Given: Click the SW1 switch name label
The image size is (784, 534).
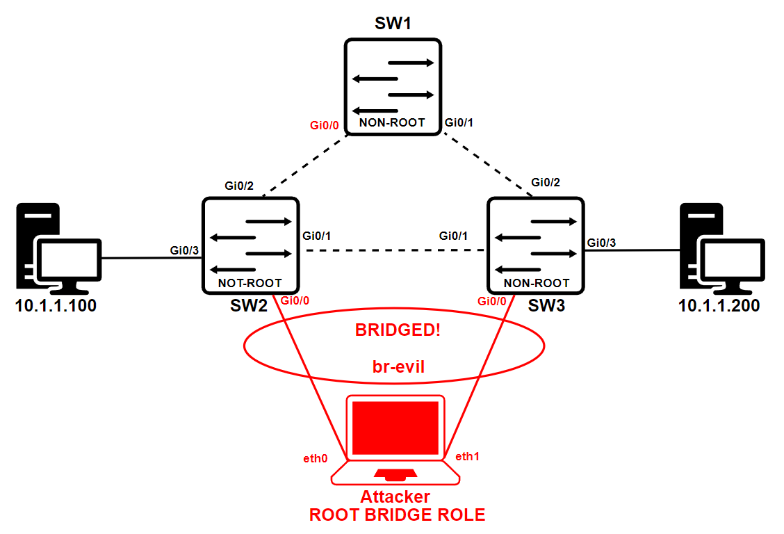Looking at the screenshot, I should (393, 24).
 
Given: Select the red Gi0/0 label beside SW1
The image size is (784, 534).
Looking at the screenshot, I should (324, 126).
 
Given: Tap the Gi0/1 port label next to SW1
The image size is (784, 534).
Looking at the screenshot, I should (459, 123).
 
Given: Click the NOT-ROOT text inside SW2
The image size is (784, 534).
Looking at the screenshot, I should (250, 283).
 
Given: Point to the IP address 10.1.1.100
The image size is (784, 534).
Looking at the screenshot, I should (56, 305).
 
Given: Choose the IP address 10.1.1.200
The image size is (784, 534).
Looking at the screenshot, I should (719, 305).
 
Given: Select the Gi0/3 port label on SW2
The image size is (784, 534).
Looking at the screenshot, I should (185, 250).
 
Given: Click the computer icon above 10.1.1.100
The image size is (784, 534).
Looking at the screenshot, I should (58, 248).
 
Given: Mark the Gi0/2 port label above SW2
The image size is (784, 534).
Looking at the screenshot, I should (238, 186).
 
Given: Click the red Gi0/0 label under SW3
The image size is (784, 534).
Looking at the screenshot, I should (491, 301).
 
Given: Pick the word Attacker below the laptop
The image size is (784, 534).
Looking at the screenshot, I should (395, 497).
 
